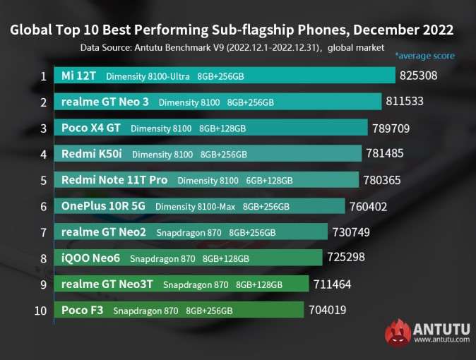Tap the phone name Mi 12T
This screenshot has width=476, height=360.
tap(79, 76)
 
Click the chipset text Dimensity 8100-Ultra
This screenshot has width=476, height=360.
tap(147, 76)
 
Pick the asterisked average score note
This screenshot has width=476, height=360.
tap(424, 56)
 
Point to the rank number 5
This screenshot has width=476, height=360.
tap(43, 180)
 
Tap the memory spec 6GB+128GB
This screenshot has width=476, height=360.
tap(270, 181)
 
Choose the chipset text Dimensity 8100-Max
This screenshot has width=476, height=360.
tap(195, 207)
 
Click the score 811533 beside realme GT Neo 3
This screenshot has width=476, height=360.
tap(405, 101)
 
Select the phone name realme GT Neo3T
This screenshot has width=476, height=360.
tap(108, 284)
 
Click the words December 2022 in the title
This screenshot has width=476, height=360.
tap(403, 30)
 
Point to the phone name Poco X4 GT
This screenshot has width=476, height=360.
tap(92, 128)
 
